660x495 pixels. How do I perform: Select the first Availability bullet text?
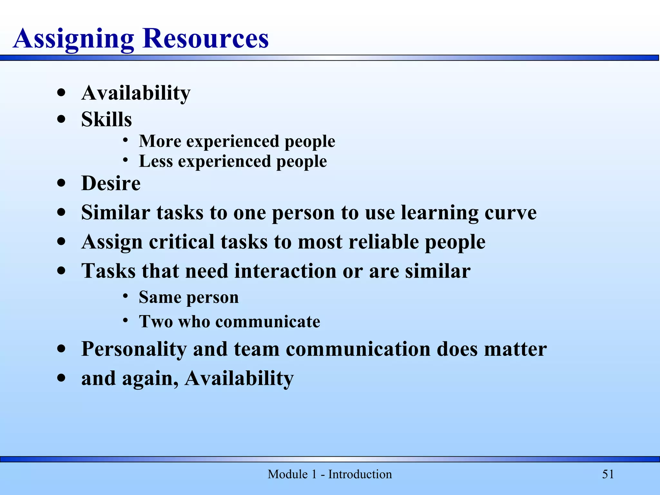136,93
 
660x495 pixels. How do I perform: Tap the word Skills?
106,119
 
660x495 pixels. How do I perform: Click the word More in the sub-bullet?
160,141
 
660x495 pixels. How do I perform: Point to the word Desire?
111,183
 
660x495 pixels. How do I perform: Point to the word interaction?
285,271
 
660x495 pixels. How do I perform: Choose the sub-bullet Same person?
189,297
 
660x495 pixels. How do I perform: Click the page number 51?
608,474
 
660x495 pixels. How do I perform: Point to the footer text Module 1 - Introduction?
330,474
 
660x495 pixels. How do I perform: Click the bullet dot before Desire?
61,183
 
